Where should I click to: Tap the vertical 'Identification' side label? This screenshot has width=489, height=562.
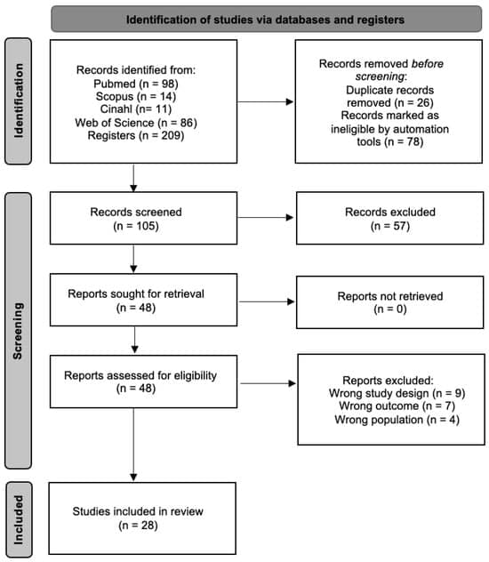coord(20,100)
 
